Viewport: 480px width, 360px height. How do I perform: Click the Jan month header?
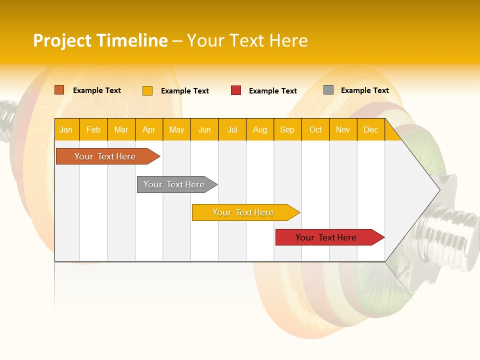(x=66, y=129)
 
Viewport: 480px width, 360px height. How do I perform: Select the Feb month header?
(x=93, y=129)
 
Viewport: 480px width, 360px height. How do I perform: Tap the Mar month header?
(x=121, y=129)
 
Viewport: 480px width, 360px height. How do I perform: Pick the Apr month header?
(x=149, y=129)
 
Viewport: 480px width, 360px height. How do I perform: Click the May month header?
(x=176, y=129)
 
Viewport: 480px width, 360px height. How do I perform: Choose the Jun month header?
(x=204, y=129)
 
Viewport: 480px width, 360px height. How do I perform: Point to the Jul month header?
(x=232, y=129)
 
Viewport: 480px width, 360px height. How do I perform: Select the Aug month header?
(x=260, y=129)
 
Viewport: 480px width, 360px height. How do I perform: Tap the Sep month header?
(x=287, y=129)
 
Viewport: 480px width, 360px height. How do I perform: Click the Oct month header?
(x=315, y=129)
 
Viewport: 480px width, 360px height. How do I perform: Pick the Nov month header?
(x=343, y=129)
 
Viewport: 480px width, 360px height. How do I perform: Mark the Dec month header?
(x=370, y=129)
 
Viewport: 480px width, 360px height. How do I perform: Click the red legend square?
(x=236, y=90)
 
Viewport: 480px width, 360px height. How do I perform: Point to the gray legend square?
(x=328, y=90)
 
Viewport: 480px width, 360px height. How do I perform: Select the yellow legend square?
(x=147, y=90)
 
